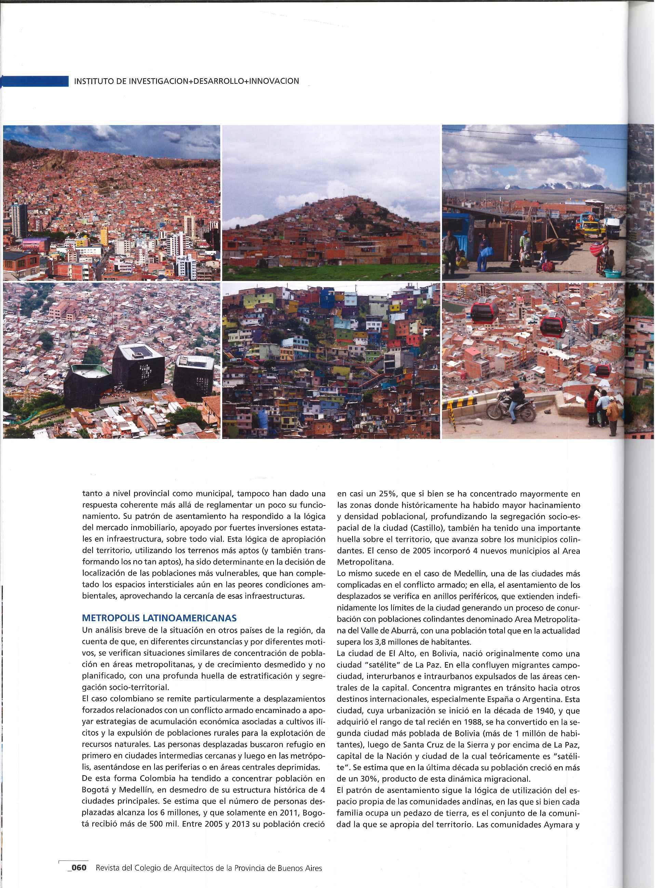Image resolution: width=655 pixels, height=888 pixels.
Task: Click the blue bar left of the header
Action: pos(35,82)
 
